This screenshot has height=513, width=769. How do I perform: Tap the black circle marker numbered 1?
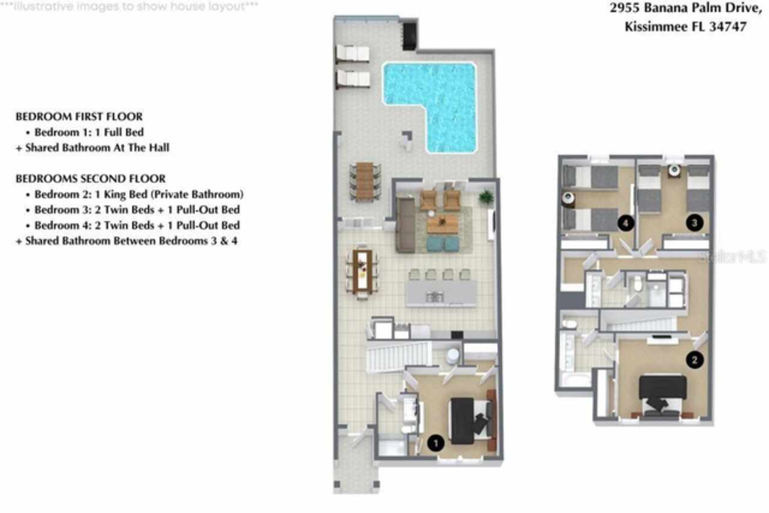click(x=436, y=443)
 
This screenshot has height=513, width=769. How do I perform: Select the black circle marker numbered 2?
click(x=695, y=360)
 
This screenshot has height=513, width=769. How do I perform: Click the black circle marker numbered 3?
click(x=695, y=223)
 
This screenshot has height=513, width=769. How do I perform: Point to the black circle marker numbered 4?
click(x=626, y=223)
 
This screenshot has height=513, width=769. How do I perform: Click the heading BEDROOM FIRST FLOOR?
click(x=79, y=117)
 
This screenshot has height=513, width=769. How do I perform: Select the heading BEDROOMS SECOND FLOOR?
click(x=90, y=179)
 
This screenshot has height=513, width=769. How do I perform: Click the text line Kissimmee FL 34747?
click(x=685, y=26)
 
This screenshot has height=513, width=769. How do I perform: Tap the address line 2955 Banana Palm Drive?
click(x=678, y=8)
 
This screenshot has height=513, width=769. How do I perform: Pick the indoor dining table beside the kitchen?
click(x=362, y=272)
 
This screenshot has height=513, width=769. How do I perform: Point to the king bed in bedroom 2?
click(x=663, y=393)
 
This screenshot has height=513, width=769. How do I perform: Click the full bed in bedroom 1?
click(x=470, y=420)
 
